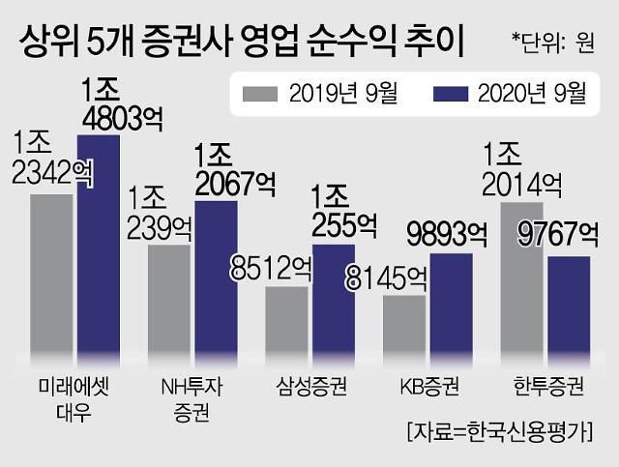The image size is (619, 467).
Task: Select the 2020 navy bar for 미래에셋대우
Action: click(98, 248)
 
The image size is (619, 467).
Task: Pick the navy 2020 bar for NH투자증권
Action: click(215, 280)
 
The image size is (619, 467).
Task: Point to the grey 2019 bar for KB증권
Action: click(403, 328)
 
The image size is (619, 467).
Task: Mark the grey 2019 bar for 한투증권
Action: click(521, 281)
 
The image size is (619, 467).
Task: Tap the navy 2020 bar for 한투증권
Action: click(569, 307)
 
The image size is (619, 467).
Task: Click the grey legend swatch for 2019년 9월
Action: click(259, 94)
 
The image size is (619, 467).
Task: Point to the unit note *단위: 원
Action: click(560, 40)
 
